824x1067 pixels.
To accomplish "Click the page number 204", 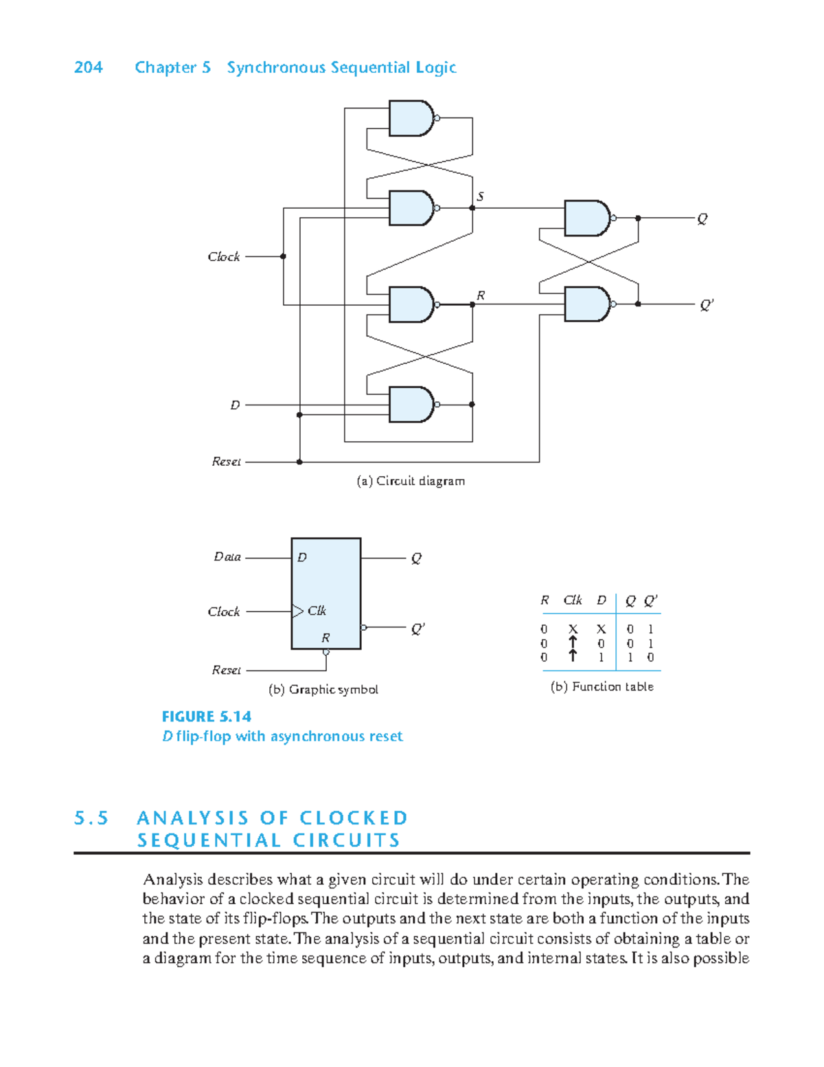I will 88,67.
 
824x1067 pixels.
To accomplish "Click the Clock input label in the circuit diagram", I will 224,256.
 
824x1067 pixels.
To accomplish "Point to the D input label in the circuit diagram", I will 235,405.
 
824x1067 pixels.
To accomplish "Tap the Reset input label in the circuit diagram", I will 226,462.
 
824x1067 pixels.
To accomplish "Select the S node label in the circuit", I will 480,196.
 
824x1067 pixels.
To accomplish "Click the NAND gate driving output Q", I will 586,218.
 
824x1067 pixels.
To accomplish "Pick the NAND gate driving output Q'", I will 586,304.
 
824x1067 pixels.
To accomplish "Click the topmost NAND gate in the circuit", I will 411,118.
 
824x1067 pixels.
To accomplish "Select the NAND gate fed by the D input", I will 411,405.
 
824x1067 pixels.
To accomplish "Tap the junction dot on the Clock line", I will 284,256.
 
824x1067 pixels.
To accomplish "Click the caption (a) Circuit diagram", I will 411,481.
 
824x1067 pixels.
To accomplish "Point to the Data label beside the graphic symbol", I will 227,557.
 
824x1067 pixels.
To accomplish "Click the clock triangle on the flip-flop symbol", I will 297,611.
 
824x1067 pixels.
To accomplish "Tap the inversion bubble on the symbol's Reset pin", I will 326,652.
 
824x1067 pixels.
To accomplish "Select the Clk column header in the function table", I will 573,600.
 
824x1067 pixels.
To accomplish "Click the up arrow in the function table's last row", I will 573,656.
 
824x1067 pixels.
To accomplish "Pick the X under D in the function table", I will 601,629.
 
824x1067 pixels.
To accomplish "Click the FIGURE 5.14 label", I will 207,717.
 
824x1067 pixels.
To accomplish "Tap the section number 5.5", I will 91,818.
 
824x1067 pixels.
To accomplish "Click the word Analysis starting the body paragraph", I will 173,879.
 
